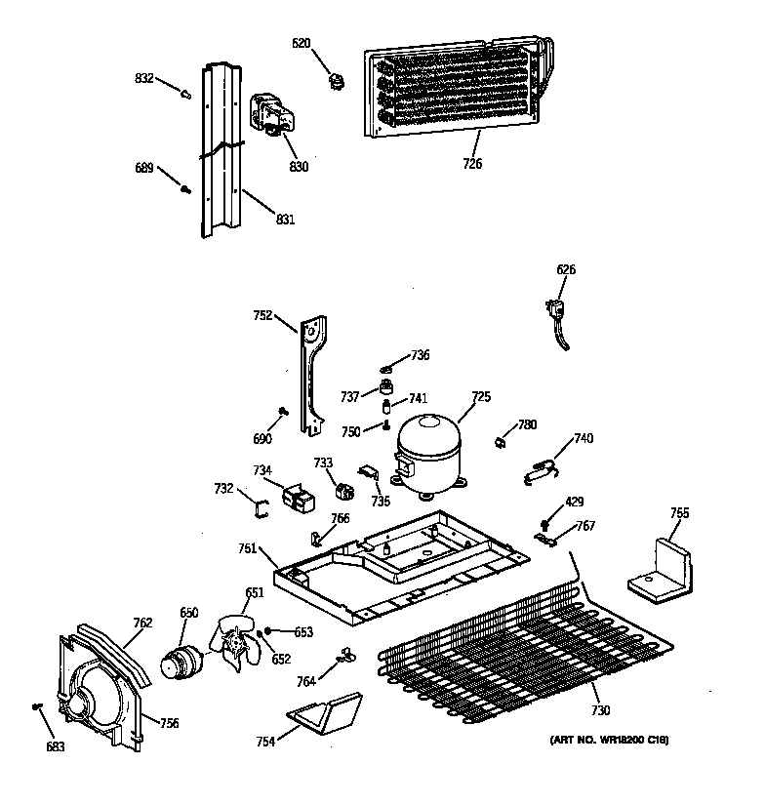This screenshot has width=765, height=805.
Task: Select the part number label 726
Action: click(x=472, y=163)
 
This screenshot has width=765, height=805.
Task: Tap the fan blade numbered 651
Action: click(x=234, y=646)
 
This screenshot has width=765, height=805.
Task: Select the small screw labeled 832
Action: click(x=183, y=94)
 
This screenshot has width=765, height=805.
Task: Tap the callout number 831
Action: click(x=284, y=219)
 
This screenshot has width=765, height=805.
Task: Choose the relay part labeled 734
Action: click(x=297, y=499)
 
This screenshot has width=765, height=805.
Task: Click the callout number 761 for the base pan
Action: click(x=248, y=549)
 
